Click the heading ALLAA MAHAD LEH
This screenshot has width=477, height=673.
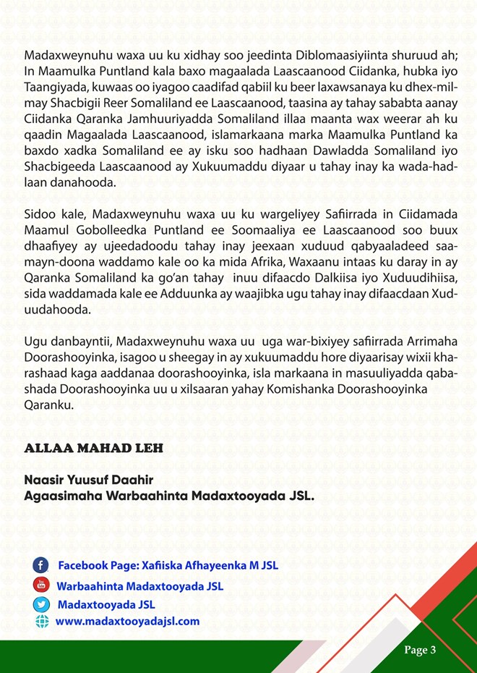coord(94,448)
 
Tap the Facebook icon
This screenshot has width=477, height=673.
coord(41,565)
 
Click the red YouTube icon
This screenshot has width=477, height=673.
coord(41,585)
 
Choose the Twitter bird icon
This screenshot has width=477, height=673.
coord(41,604)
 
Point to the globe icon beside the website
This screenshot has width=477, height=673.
coord(41,622)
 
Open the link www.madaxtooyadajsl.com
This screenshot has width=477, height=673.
coord(127,622)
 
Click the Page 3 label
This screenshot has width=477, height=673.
coord(420,650)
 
